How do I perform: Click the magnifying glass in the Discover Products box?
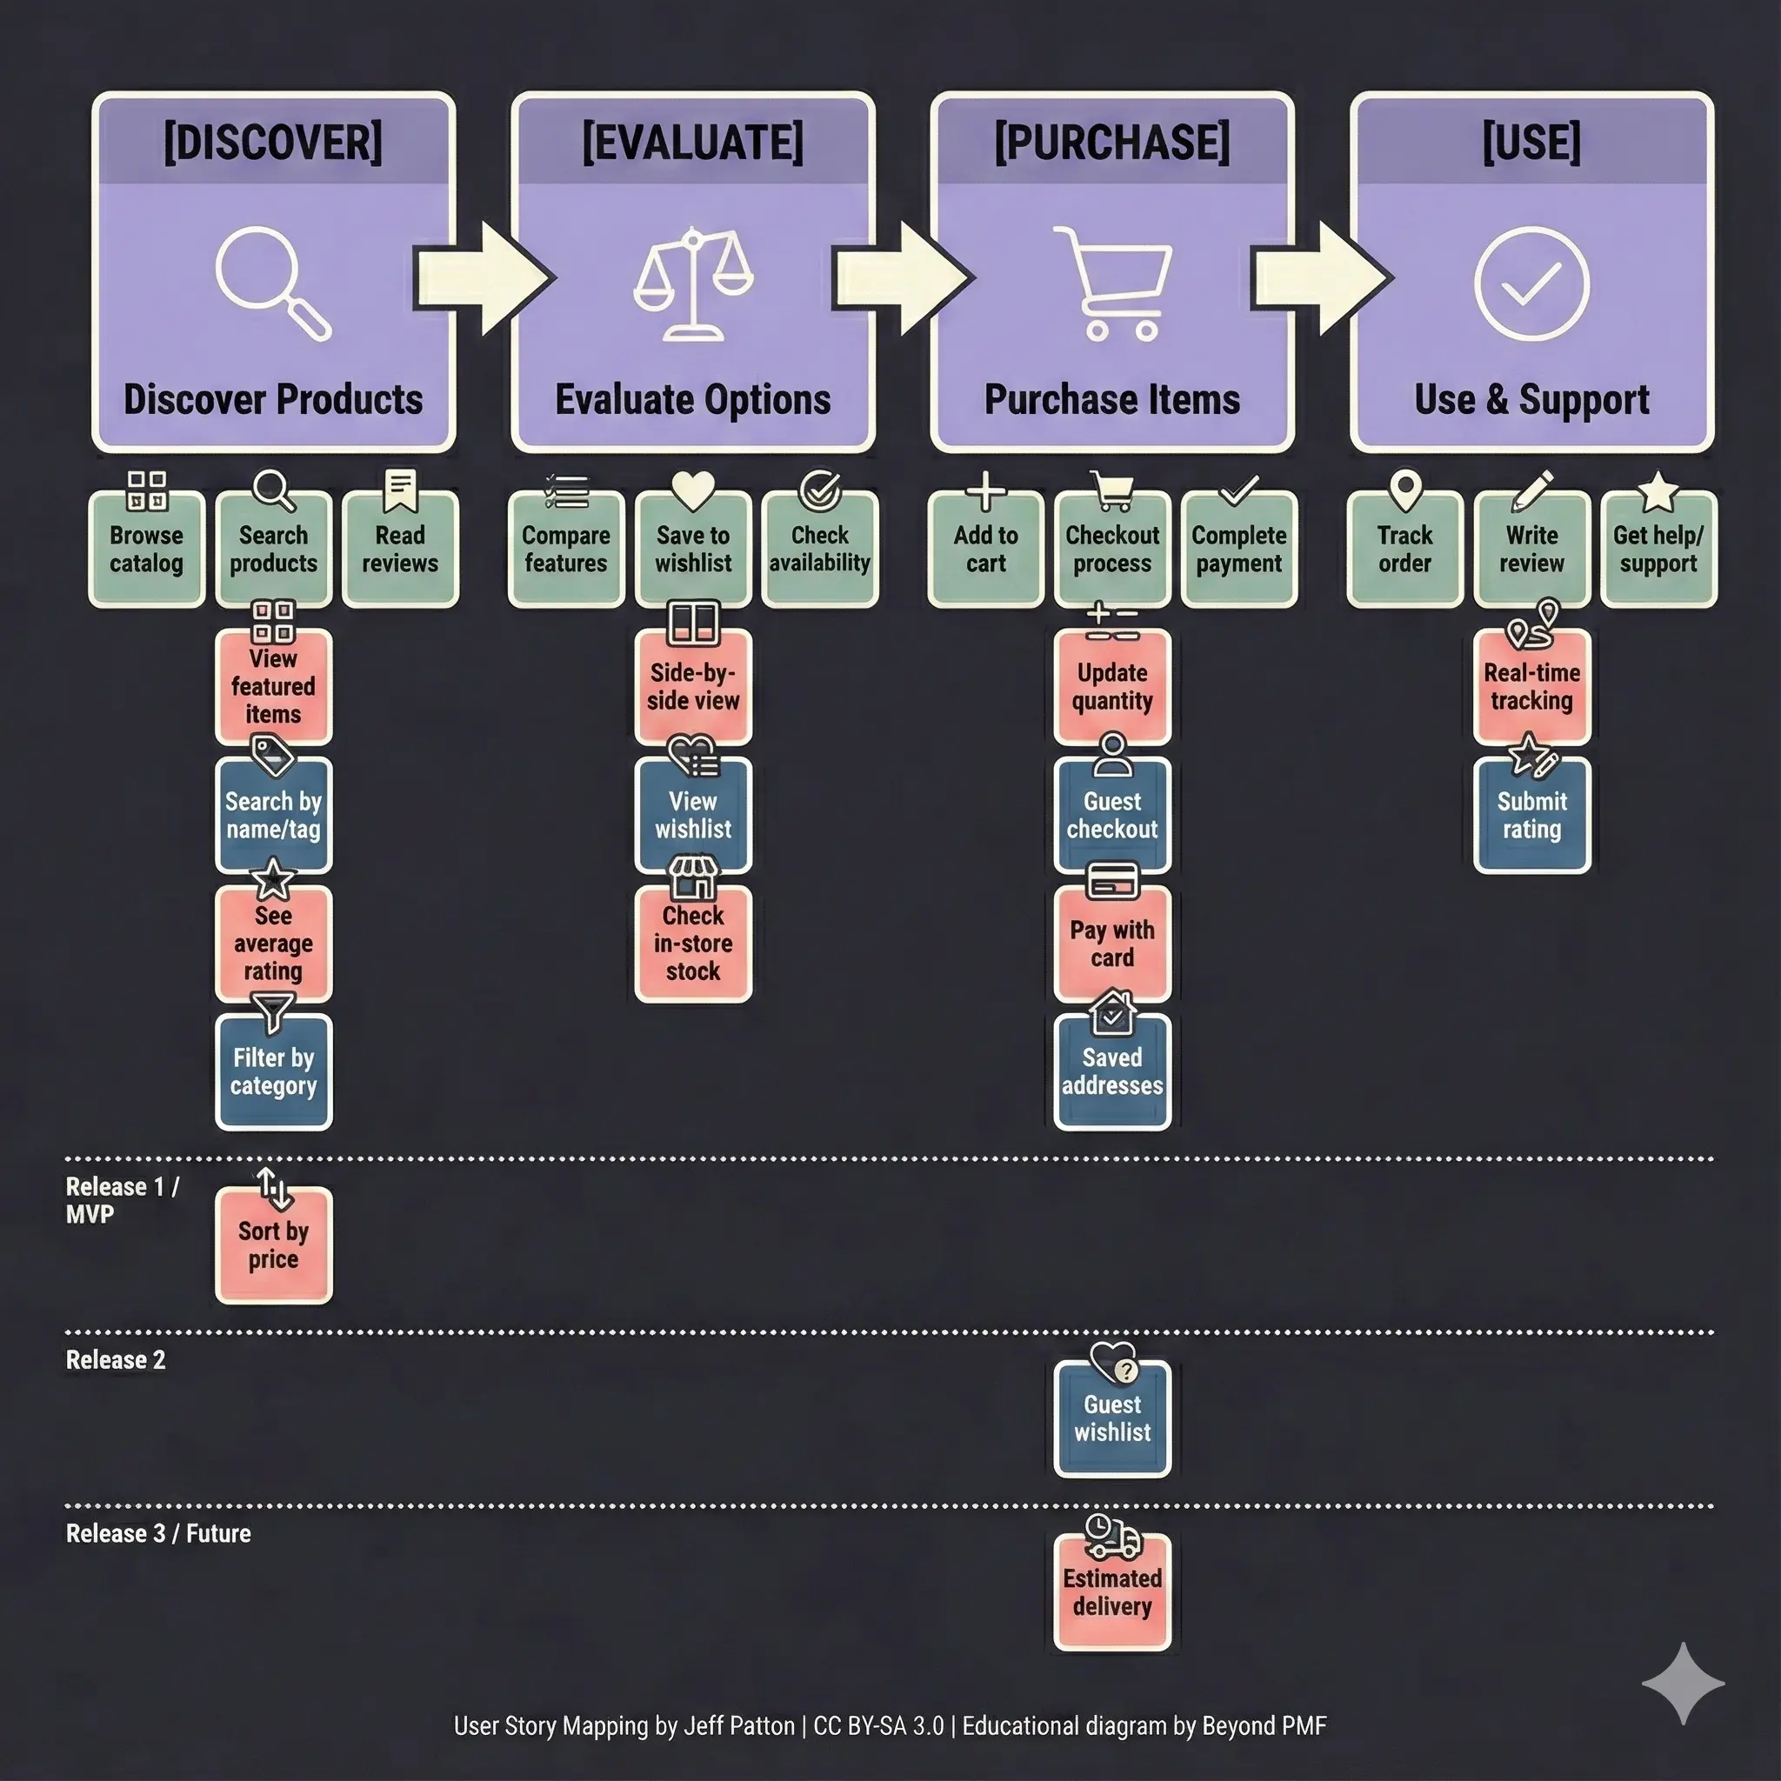[272, 283]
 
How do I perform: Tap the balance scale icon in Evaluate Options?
[692, 283]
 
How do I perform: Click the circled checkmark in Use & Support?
[1531, 283]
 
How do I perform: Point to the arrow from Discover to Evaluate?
[483, 277]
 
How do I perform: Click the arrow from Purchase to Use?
[1322, 277]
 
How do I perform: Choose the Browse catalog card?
[147, 550]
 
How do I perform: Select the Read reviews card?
[400, 550]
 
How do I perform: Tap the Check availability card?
[819, 550]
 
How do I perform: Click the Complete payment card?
[1239, 550]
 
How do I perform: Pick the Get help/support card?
[1658, 550]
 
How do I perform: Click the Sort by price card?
[274, 1245]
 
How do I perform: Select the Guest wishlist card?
[1112, 1418]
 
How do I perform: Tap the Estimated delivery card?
[1112, 1592]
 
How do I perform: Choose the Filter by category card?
[274, 1072]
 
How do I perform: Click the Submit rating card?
[1532, 816]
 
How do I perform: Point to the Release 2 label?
[117, 1360]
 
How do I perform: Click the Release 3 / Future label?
[158, 1533]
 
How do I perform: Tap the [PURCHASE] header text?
[1111, 143]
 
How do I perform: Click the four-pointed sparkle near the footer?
[1683, 1683]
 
